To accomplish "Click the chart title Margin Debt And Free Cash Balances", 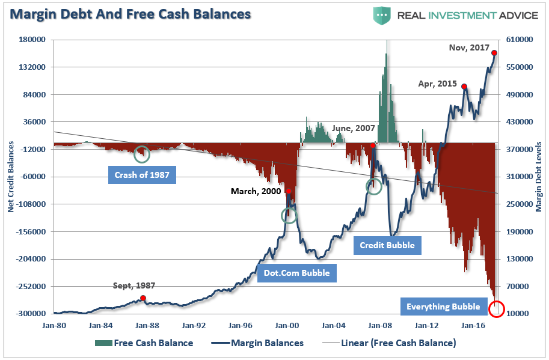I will [129, 13].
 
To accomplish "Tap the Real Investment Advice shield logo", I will [381, 14].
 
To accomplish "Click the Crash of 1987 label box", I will [142, 176].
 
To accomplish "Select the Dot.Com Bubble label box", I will [297, 274].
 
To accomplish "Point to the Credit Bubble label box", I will [387, 245].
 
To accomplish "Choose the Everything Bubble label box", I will [443, 307].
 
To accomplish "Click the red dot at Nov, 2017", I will [494, 53].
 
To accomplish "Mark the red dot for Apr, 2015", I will [464, 87].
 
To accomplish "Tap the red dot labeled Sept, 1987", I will [143, 298].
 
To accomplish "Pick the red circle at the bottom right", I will [496, 310].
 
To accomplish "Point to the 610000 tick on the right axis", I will [521, 40].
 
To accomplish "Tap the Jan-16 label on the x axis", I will [473, 325].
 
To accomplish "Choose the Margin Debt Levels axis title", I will [539, 177].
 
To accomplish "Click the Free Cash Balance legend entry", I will [144, 343].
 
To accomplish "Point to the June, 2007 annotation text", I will [354, 128].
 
